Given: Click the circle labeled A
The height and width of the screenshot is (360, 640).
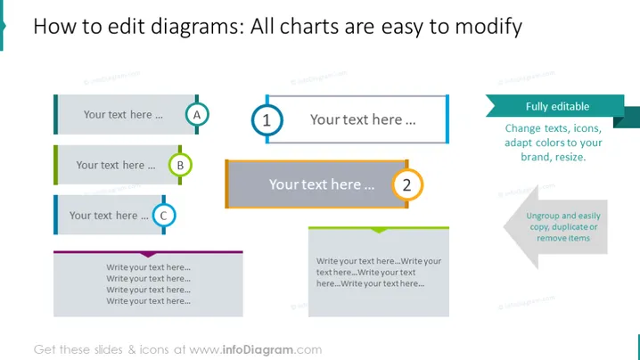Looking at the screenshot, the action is [x=197, y=115].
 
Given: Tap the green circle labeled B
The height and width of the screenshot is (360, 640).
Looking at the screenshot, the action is [x=180, y=165].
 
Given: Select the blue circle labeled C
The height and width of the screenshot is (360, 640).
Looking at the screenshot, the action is [x=164, y=215].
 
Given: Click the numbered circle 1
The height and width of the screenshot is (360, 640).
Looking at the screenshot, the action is [x=267, y=120].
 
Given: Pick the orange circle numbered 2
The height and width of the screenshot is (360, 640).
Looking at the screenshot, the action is [x=407, y=184].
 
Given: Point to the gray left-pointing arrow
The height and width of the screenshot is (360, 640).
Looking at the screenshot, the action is [x=555, y=227].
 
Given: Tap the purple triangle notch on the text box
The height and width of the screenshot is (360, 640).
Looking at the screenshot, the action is [x=148, y=255].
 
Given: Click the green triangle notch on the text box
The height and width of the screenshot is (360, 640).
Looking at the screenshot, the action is [x=379, y=231].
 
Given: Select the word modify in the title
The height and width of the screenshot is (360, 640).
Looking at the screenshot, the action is [x=488, y=27].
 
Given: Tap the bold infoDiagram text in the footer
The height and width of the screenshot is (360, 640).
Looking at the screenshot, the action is [x=258, y=349].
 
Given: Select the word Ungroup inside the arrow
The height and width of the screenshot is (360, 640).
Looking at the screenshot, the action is [x=540, y=216].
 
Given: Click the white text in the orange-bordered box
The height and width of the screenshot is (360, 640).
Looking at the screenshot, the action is [x=322, y=184].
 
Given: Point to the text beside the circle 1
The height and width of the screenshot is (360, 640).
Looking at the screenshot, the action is [x=363, y=119].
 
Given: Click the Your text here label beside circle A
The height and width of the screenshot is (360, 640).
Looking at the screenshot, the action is [x=123, y=115].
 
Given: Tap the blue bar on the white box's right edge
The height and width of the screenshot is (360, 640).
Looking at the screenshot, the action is [x=447, y=119].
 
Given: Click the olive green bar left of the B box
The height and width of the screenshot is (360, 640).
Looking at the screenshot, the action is [x=55, y=165].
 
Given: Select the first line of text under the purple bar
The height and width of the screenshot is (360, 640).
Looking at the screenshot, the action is [x=149, y=267].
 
